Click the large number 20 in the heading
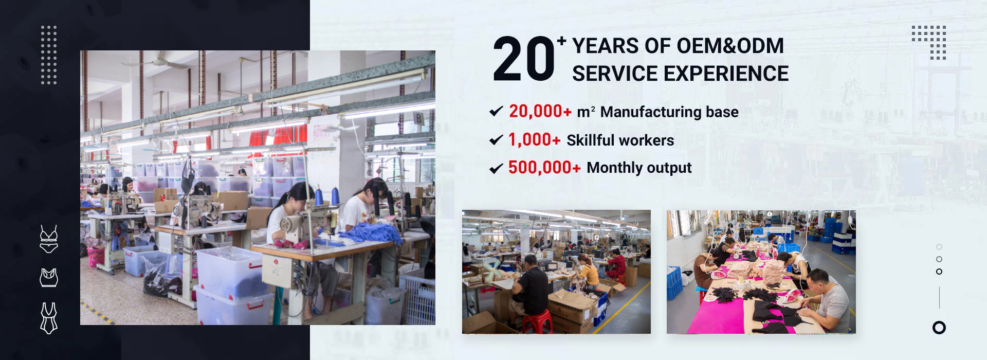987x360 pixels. [524, 59]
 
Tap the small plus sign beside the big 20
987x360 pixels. [561, 41]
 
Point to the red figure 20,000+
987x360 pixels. [540, 111]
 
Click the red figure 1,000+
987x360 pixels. [534, 139]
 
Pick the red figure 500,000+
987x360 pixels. [544, 167]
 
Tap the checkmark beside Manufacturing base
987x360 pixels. [496, 111]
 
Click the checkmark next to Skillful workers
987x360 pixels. [496, 140]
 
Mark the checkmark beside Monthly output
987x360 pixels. [496, 168]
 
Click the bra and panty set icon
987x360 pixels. [49, 239]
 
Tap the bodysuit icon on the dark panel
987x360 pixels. [49, 318]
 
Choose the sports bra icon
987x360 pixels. [49, 278]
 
